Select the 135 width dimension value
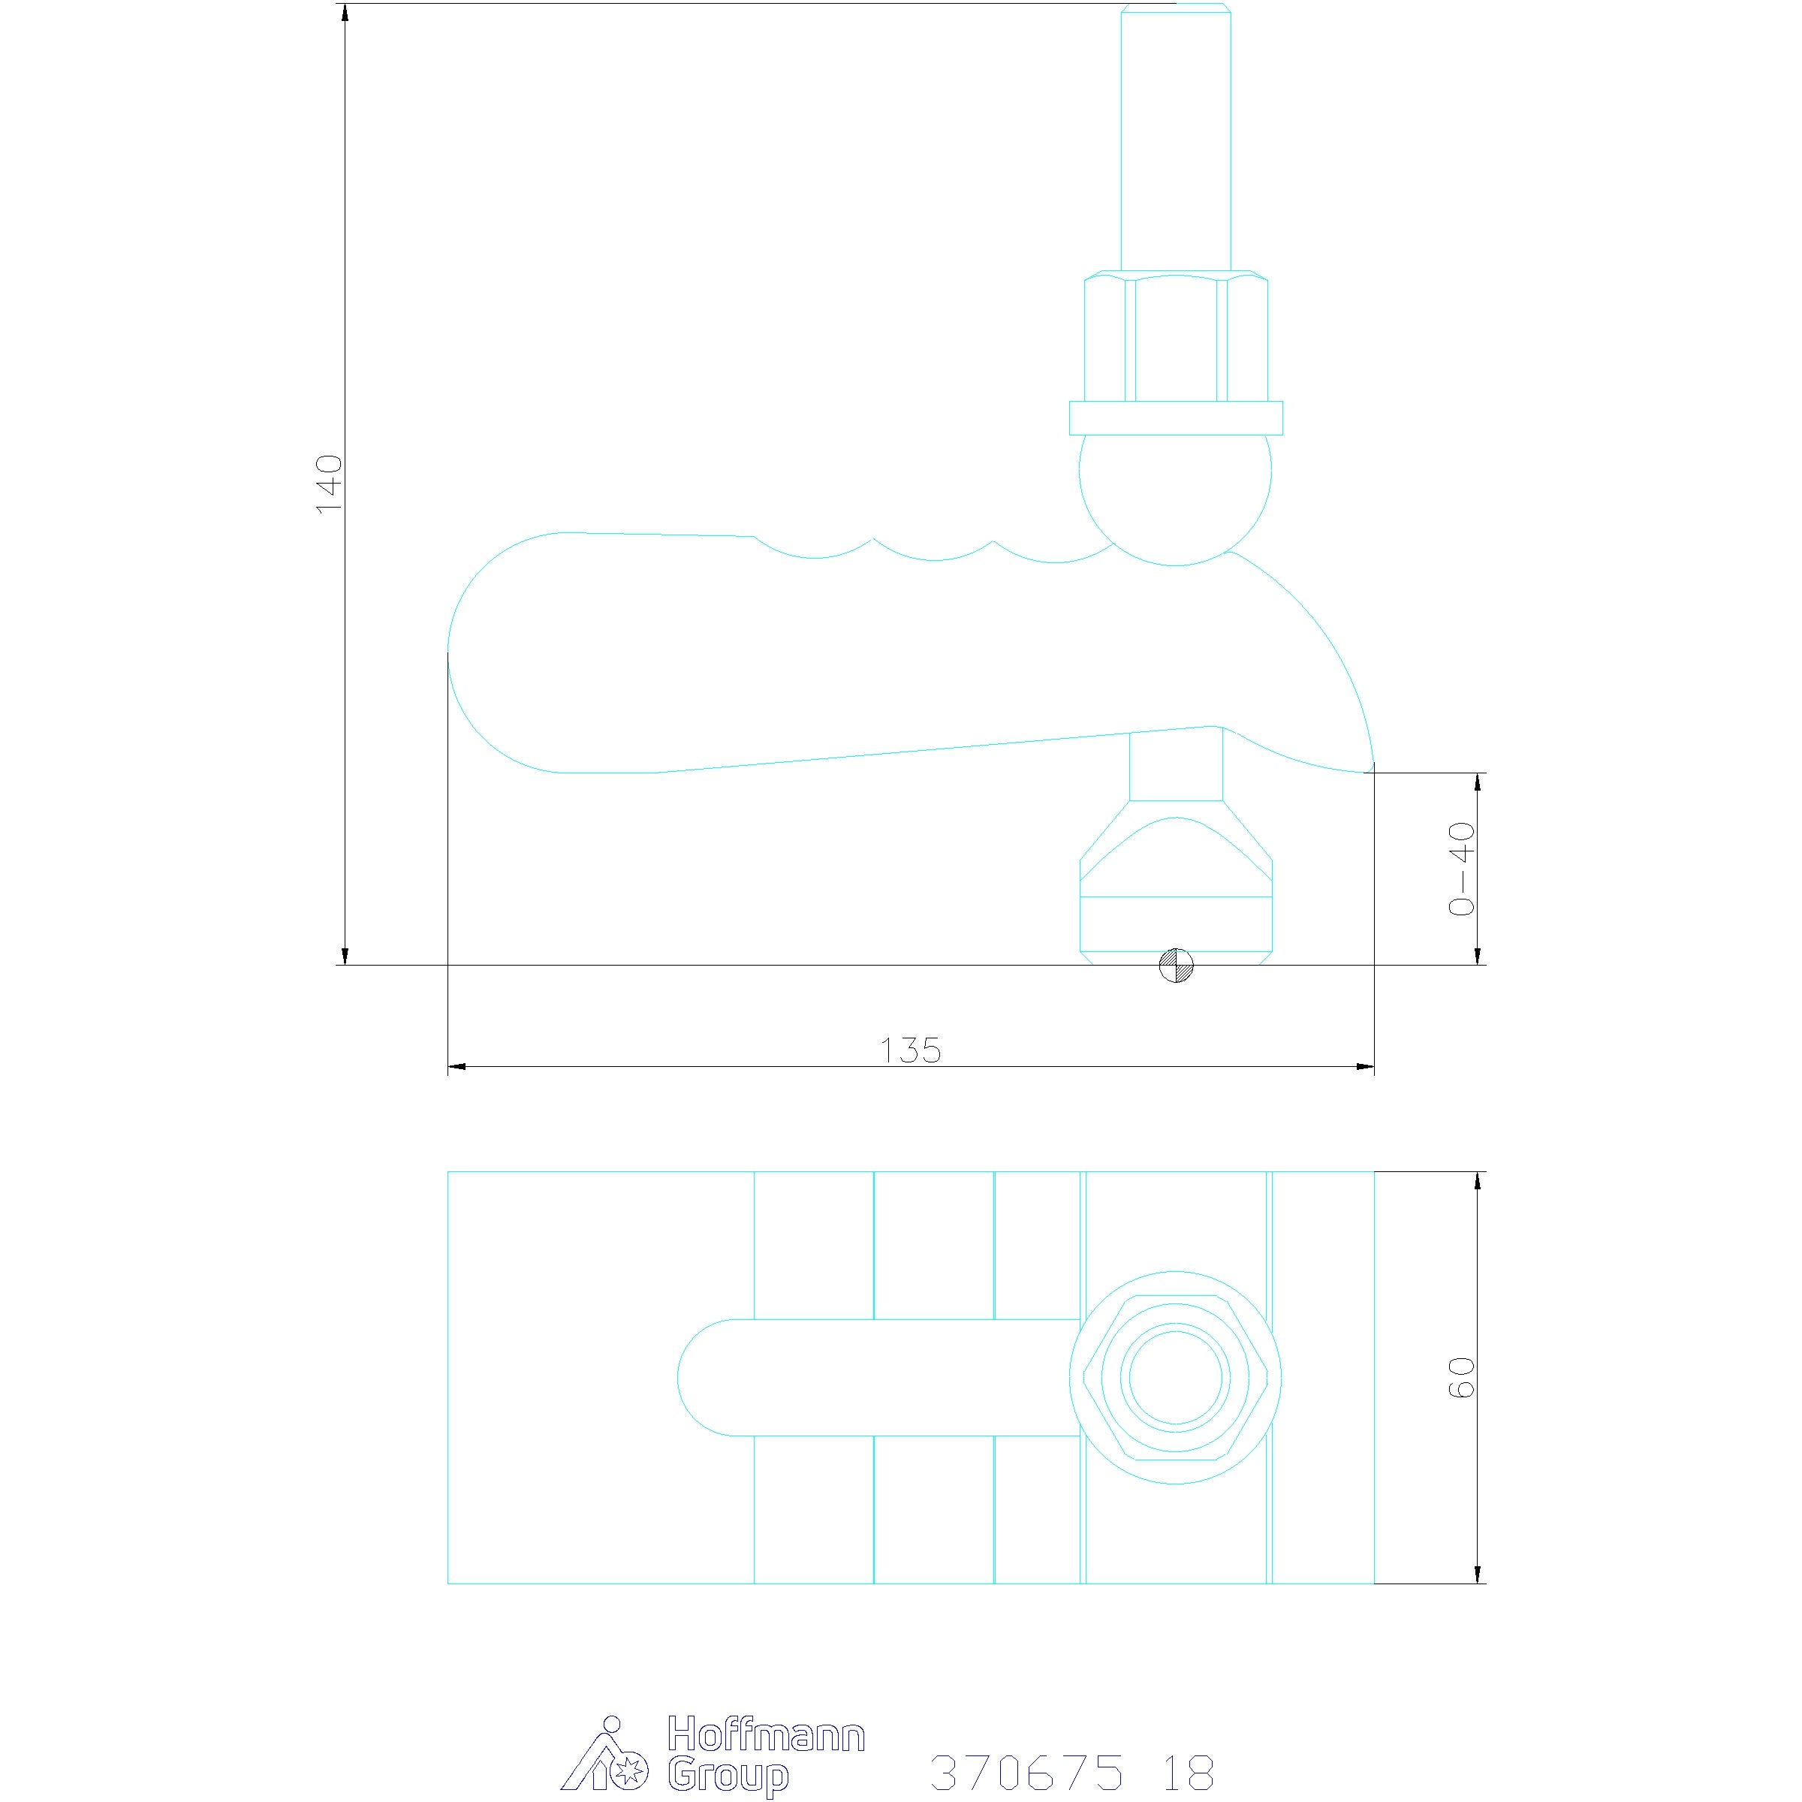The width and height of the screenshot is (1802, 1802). pos(912,1050)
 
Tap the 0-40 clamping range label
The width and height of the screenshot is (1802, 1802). pos(1462,869)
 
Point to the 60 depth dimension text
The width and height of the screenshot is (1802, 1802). pos(1462,1378)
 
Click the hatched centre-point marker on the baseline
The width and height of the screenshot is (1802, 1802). pos(1176,966)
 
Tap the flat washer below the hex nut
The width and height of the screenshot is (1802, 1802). pos(1175,418)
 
